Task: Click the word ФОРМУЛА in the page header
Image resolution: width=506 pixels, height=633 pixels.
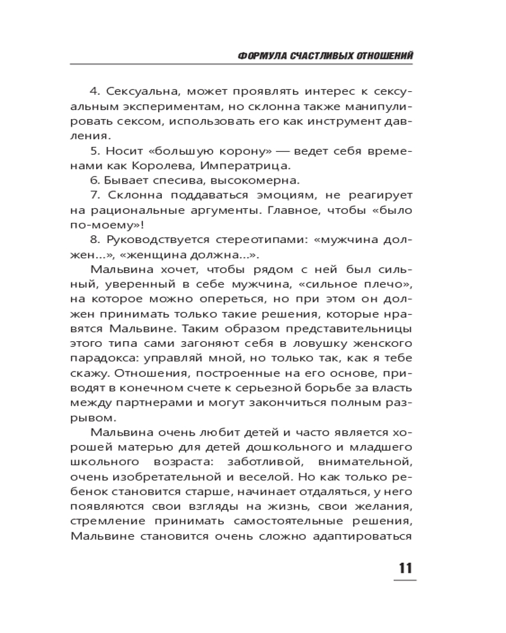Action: pyautogui.click(x=259, y=56)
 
